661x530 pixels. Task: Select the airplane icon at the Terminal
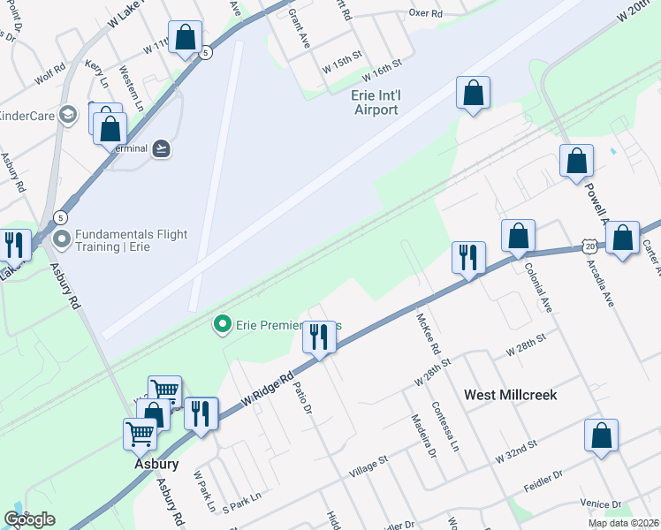160,148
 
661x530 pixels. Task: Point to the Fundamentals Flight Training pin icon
62,239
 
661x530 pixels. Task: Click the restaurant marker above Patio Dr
319,337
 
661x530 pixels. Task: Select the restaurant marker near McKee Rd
467,257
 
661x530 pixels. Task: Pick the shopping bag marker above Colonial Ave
518,236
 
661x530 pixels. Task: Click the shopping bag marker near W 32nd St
601,435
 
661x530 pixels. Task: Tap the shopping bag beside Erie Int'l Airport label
473,92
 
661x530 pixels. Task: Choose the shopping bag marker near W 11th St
186,38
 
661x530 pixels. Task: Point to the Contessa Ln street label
444,428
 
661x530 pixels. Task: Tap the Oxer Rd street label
425,13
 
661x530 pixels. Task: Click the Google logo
29,519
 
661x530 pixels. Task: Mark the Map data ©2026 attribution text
623,523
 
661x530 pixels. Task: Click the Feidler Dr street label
543,478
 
